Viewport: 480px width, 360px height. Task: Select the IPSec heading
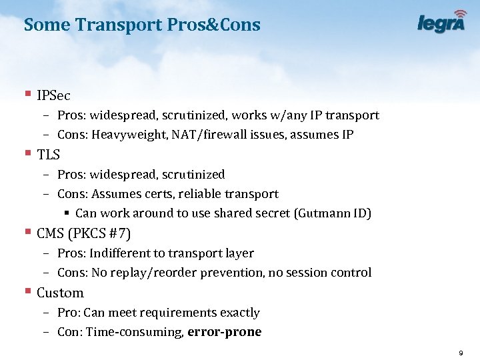coord(54,96)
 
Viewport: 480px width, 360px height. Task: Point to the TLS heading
coord(49,155)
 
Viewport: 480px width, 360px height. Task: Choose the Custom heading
coord(60,293)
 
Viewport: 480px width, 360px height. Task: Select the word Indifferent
coord(120,253)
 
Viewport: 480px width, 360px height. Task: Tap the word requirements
coord(173,313)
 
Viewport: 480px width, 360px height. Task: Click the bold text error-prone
coord(225,332)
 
